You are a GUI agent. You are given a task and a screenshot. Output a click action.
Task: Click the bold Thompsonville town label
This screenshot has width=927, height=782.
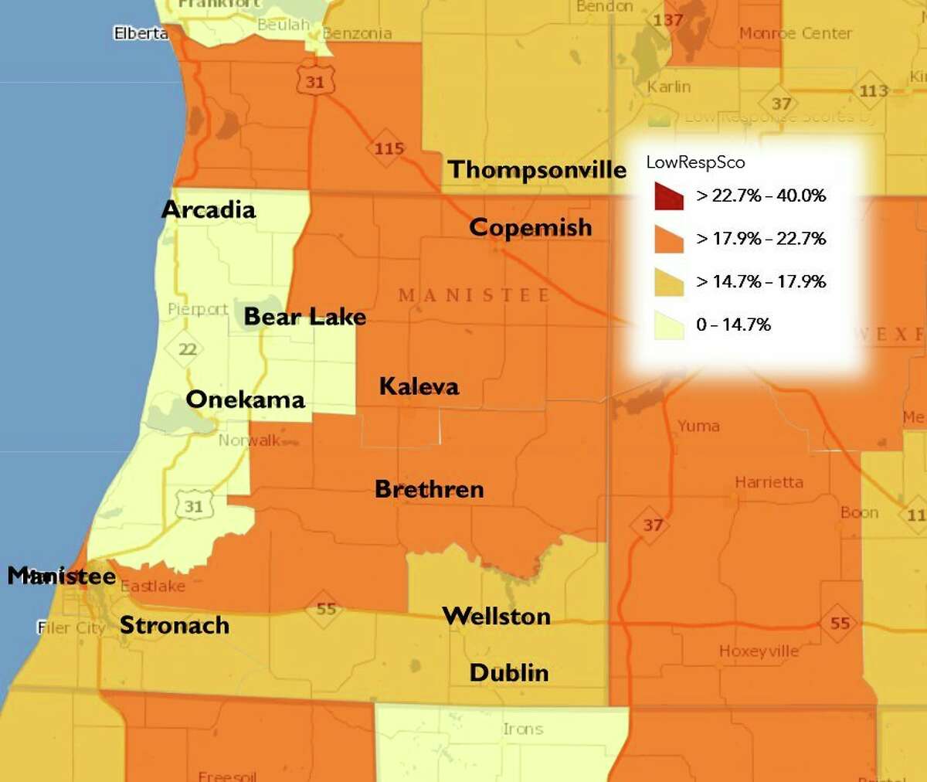tap(537, 169)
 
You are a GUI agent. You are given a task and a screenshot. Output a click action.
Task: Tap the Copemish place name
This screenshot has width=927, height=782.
tap(530, 227)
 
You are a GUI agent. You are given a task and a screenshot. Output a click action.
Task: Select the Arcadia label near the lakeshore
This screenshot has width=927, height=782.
tap(208, 209)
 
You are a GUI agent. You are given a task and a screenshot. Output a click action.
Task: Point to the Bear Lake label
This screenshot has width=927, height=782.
tap(304, 317)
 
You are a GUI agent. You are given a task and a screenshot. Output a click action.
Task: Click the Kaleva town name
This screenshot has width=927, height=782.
tap(419, 386)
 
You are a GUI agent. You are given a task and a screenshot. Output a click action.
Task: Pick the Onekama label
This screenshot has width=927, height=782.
tap(245, 399)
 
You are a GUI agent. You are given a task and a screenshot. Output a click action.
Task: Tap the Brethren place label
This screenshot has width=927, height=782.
tap(429, 489)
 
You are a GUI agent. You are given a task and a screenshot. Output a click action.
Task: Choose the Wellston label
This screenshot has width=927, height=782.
tap(496, 616)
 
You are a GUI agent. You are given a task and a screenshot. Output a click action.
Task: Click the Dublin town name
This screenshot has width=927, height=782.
tap(509, 672)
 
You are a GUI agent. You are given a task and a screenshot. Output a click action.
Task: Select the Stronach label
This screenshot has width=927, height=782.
tap(174, 625)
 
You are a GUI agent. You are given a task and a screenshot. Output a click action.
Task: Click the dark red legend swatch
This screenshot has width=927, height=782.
tap(668, 196)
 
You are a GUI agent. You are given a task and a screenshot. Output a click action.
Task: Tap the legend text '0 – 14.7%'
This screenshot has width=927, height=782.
tap(733, 325)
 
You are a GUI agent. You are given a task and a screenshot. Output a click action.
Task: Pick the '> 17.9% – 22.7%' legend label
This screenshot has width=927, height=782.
tap(761, 239)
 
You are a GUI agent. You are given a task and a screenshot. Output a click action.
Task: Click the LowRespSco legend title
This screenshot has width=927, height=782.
tap(695, 162)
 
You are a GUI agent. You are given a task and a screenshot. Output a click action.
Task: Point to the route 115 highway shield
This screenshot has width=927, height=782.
tap(389, 148)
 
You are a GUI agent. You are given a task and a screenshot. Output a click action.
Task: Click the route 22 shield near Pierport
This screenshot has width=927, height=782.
tap(187, 349)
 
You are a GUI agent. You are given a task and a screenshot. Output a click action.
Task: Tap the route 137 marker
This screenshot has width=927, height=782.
tap(667, 20)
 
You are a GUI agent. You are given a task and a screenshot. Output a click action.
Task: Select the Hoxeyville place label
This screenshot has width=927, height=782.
tap(759, 651)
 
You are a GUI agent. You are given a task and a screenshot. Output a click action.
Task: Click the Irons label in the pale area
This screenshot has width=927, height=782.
tap(523, 729)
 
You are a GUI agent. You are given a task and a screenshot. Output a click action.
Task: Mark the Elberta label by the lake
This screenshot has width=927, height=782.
tap(141, 33)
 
